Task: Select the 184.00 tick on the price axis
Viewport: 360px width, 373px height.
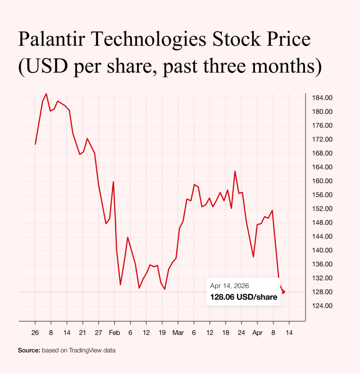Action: [322, 98]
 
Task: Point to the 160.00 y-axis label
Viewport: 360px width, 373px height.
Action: [322, 181]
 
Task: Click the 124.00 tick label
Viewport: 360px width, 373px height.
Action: [322, 306]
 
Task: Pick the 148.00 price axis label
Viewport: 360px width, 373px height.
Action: [322, 223]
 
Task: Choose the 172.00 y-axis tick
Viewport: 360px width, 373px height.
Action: [322, 140]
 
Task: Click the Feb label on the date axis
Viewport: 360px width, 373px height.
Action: [115, 332]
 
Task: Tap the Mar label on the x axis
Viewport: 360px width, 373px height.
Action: [178, 332]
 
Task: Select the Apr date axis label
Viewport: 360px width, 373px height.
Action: [258, 332]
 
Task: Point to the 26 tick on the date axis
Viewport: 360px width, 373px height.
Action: [35, 332]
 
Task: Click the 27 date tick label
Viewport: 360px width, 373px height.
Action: [98, 332]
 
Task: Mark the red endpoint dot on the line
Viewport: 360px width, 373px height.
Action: [283, 292]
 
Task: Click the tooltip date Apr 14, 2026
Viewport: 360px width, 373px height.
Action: [229, 286]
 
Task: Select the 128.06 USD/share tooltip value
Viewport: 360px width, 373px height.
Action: [243, 297]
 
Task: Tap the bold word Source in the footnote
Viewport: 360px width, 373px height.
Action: [29, 350]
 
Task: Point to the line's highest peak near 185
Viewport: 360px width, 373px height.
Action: [46, 94]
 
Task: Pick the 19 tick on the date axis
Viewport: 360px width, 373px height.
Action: [162, 332]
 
